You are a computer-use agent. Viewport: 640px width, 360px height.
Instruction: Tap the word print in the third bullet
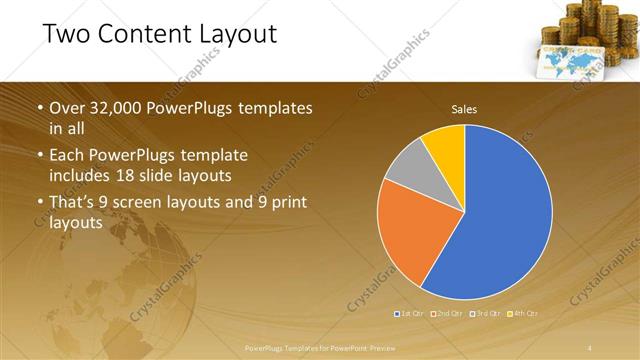pos(285,204)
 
